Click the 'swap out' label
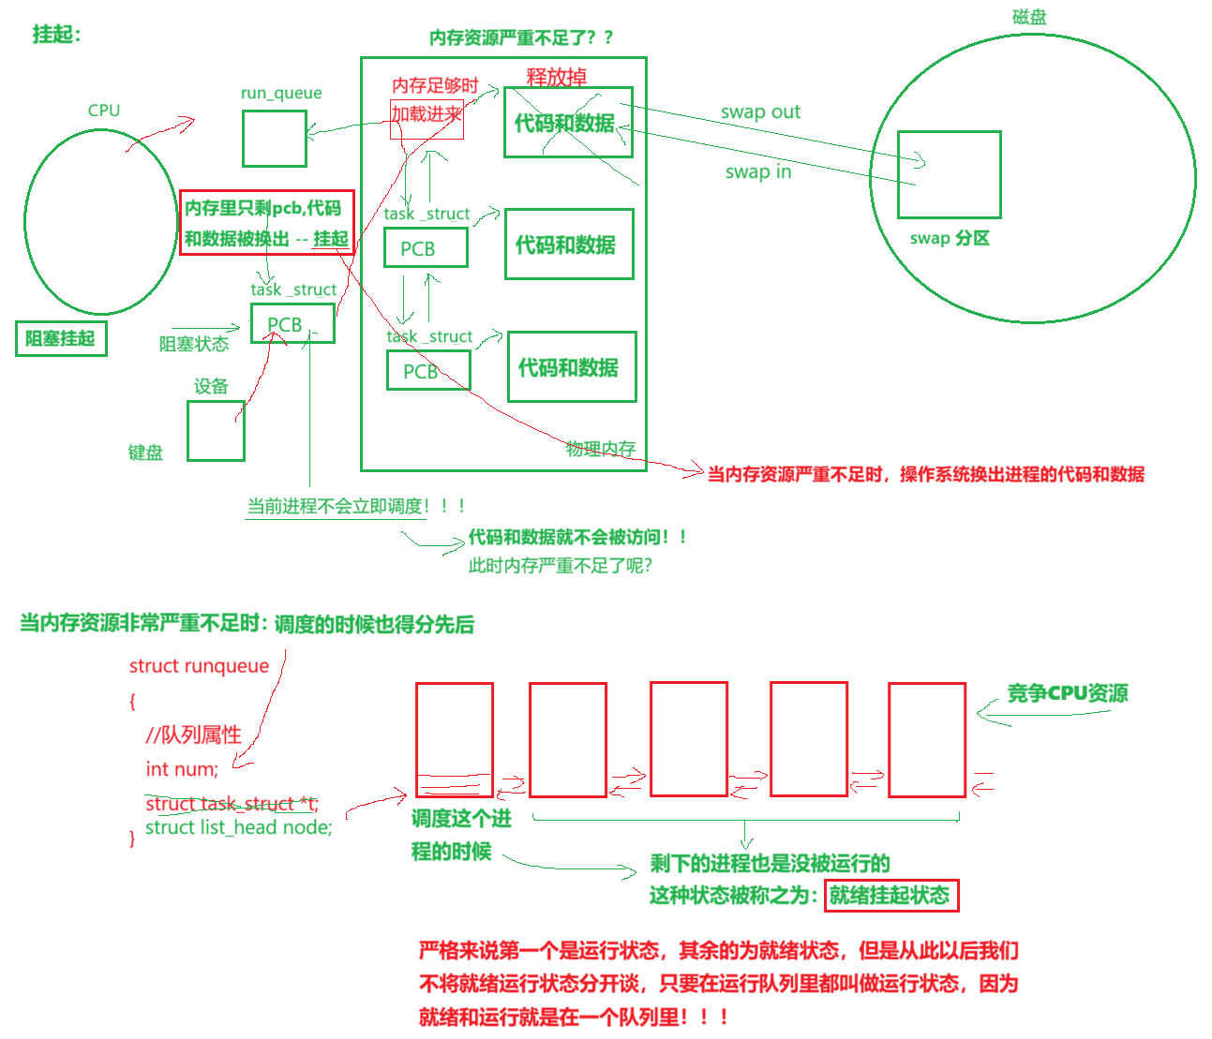coord(760,112)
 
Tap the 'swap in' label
coord(757,172)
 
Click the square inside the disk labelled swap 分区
coord(949,174)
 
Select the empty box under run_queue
coord(274,139)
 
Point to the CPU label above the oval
coord(104,111)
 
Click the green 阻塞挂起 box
coord(61,339)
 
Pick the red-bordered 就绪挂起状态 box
coord(890,896)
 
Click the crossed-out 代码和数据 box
coord(568,123)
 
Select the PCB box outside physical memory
coord(292,324)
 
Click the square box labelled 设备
coord(216,431)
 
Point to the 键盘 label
coord(145,453)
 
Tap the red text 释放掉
coord(556,77)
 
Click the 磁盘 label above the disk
coord(1029,17)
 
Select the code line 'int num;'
coord(182,769)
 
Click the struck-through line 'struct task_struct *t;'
coord(232,804)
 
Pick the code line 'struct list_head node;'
coord(238,827)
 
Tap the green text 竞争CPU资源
coord(1067,693)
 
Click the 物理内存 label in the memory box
coord(601,449)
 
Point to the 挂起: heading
coord(57,35)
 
